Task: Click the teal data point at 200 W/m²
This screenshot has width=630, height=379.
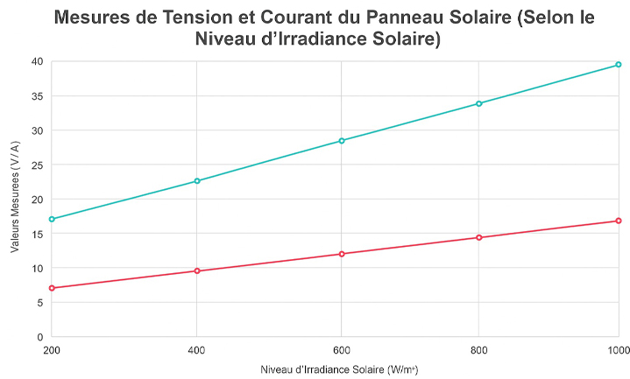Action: (53, 219)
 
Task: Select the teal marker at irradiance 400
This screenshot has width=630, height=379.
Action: (197, 181)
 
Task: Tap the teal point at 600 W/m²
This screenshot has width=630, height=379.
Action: (342, 141)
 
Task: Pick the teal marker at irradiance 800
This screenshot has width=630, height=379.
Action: (478, 103)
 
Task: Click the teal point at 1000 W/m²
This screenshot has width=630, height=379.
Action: (619, 65)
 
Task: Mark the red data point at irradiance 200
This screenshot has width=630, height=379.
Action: (53, 288)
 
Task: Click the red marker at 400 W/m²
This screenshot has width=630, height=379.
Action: (197, 270)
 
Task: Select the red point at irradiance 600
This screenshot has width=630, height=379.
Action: (342, 254)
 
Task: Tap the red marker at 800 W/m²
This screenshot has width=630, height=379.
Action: (478, 237)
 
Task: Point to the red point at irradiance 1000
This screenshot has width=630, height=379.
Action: (619, 221)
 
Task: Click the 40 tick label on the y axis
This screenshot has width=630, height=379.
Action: (37, 61)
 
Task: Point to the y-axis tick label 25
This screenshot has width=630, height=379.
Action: (37, 165)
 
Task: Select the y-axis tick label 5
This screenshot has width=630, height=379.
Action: (39, 302)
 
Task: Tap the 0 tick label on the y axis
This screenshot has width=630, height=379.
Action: (39, 336)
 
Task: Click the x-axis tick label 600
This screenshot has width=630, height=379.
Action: (342, 349)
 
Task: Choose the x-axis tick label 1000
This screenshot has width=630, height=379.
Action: (618, 349)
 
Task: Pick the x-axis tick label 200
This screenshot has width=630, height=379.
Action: (53, 349)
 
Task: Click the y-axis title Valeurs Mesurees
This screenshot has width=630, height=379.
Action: (16, 199)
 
